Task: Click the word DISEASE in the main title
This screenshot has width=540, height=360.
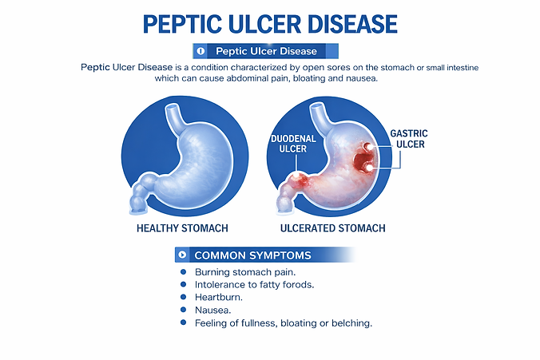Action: (x=352, y=24)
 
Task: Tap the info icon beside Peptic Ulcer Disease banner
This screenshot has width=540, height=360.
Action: (x=201, y=51)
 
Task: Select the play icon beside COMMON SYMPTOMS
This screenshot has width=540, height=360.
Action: (x=182, y=255)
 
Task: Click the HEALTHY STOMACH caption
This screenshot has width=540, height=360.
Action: (x=182, y=228)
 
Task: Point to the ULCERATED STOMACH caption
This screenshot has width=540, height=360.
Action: (x=332, y=228)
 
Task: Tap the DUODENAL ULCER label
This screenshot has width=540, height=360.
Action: (x=293, y=144)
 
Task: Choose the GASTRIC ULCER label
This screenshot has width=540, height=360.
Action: (x=409, y=139)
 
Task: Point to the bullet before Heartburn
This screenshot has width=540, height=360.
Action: (x=183, y=297)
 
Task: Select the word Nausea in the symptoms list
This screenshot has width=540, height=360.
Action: (x=212, y=310)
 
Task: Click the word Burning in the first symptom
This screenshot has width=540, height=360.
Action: (x=212, y=272)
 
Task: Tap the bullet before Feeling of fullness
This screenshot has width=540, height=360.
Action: (x=183, y=322)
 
